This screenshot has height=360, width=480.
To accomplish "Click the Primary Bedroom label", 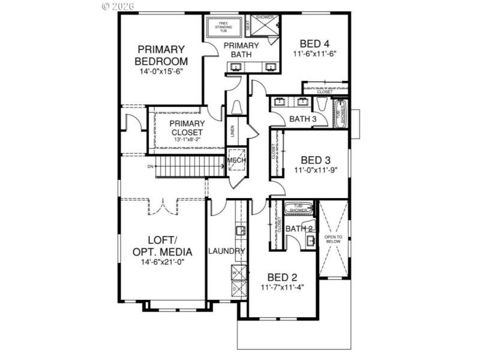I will pos(161,55).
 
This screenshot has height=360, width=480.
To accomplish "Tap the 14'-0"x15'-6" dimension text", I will pos(161,70).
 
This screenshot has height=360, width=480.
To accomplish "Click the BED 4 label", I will pos(314,43).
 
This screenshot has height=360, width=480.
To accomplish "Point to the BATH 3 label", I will pos(302,119).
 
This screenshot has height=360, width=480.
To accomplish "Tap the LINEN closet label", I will pos(232,130).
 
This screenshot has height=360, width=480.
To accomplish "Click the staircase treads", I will pos(180,166).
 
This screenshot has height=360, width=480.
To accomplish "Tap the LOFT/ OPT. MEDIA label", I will pos(162,246).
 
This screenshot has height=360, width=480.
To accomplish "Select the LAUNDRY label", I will pos(226,251).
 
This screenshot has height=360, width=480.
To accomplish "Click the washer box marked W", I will pos(235,273).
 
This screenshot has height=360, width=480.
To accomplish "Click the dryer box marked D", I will pos(235,289).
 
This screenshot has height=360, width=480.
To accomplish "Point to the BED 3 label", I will pos(316,160).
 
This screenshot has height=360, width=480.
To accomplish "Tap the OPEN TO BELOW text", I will pos(334,239).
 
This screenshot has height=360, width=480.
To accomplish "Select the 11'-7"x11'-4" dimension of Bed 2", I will pos(282,287).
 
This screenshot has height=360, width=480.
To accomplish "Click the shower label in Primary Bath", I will pos(265,17).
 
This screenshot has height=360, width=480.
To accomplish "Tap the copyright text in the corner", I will pos(118,6).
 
